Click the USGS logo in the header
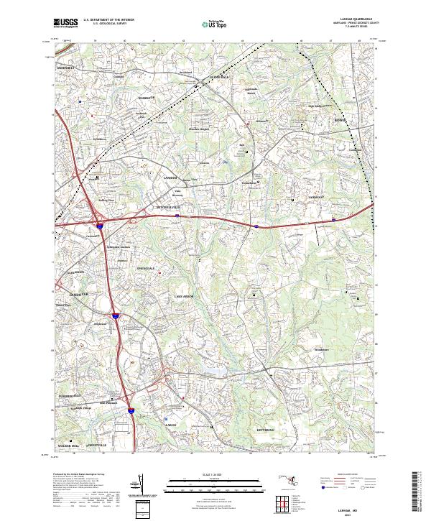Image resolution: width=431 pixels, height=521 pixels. click(x=65, y=23)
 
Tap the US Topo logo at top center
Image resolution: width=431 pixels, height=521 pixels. click(x=215, y=24)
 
